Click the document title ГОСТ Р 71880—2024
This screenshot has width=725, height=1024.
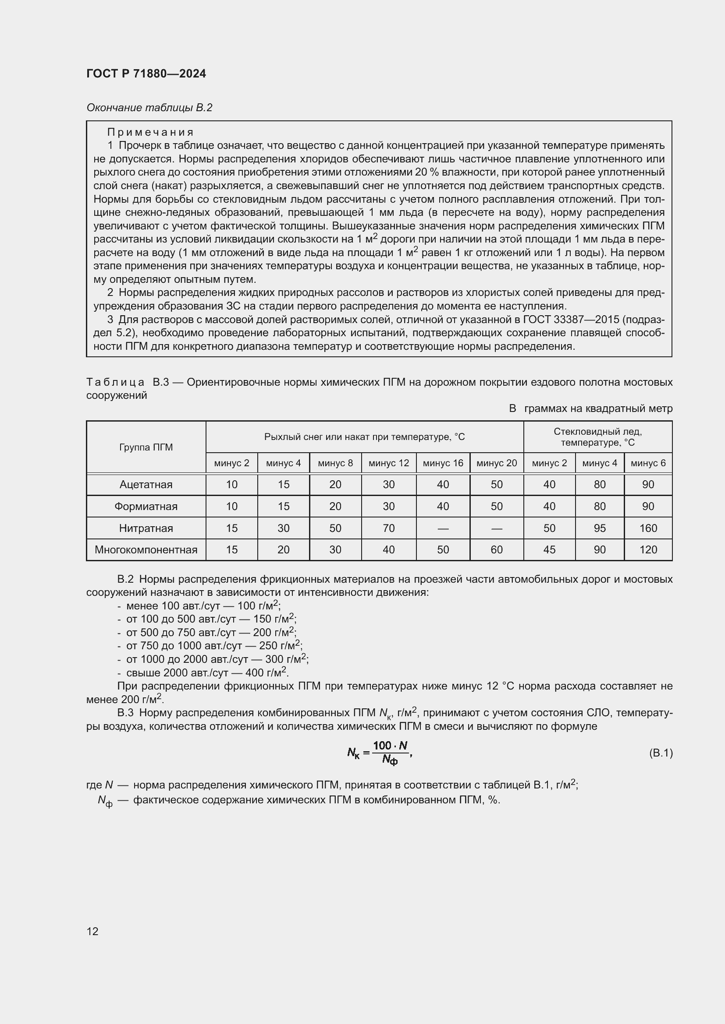pyautogui.click(x=146, y=74)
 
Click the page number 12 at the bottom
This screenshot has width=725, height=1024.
pyautogui.click(x=92, y=931)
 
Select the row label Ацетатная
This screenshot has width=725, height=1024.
pyautogui.click(x=146, y=484)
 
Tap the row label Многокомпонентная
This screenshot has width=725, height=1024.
pyautogui.click(x=146, y=549)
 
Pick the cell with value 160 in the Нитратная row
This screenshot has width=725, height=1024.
pyautogui.click(x=648, y=528)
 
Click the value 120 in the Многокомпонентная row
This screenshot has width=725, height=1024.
pyautogui.click(x=648, y=549)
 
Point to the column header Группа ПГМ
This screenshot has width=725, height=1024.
pyautogui.click(x=146, y=447)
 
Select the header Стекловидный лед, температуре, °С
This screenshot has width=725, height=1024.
pyautogui.click(x=597, y=436)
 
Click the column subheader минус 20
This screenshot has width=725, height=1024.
pyautogui.click(x=497, y=463)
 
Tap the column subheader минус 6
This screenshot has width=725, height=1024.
pyautogui.click(x=648, y=463)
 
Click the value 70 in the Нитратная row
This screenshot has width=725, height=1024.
pyautogui.click(x=388, y=528)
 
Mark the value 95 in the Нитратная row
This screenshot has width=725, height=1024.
pyautogui.click(x=600, y=528)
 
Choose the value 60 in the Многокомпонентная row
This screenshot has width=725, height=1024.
pyautogui.click(x=497, y=549)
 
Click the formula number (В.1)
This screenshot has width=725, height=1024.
pyautogui.click(x=660, y=753)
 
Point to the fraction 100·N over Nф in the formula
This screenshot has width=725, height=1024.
pyautogui.click(x=391, y=753)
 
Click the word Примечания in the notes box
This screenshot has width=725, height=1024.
pyautogui.click(x=150, y=132)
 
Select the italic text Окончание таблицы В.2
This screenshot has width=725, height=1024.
pyautogui.click(x=149, y=108)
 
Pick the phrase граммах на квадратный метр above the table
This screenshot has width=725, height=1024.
pyautogui.click(x=598, y=408)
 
